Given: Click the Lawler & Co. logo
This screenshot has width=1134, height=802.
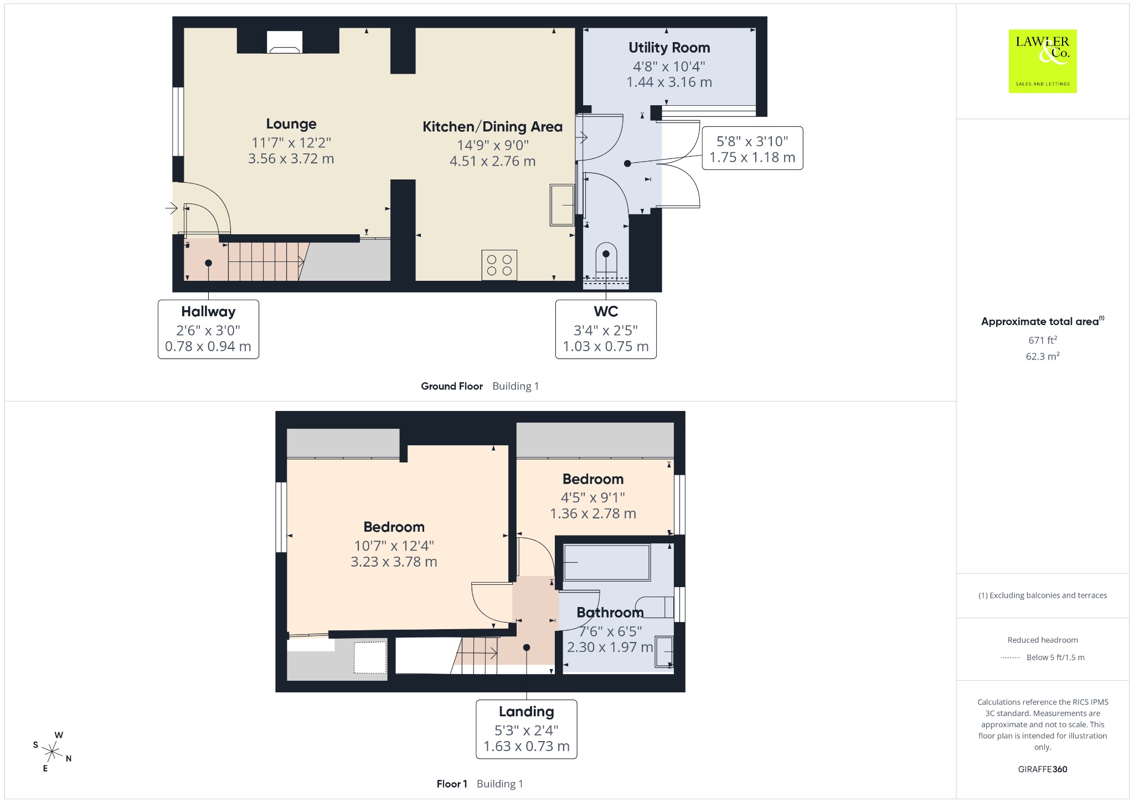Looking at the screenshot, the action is click(1043, 61).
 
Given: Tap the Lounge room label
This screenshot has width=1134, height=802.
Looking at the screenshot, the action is click(291, 124).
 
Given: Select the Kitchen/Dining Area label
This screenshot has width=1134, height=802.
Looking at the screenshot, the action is click(492, 127).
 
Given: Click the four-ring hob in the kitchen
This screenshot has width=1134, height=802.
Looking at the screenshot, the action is click(499, 265).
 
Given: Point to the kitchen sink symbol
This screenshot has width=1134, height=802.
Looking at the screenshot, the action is click(562, 205).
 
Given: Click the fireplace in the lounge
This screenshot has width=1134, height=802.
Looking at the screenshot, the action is click(285, 42).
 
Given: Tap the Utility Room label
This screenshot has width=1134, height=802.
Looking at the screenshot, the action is click(669, 48).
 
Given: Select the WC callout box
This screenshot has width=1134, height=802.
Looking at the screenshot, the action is click(606, 330).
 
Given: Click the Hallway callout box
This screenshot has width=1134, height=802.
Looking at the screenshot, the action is click(208, 330).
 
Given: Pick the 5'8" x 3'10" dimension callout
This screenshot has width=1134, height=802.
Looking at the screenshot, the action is click(752, 148).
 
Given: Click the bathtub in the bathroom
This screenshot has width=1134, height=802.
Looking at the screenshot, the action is click(606, 563).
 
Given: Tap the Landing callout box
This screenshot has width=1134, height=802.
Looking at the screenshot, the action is click(527, 729).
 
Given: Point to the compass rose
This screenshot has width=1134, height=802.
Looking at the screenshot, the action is click(52, 752).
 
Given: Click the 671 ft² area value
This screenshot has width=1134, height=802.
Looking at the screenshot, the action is click(1043, 340).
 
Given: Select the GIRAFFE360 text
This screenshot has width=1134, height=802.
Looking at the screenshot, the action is click(1043, 769).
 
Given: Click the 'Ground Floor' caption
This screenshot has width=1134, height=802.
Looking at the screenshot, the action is click(452, 386).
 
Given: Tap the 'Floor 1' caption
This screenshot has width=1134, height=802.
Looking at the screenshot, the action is click(452, 784).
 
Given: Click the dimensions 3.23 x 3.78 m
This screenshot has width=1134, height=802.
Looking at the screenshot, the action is click(394, 562).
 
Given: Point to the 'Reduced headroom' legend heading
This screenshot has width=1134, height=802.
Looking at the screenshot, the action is click(1043, 640).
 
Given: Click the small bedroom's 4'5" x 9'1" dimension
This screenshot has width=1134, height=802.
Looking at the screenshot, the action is click(593, 497).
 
